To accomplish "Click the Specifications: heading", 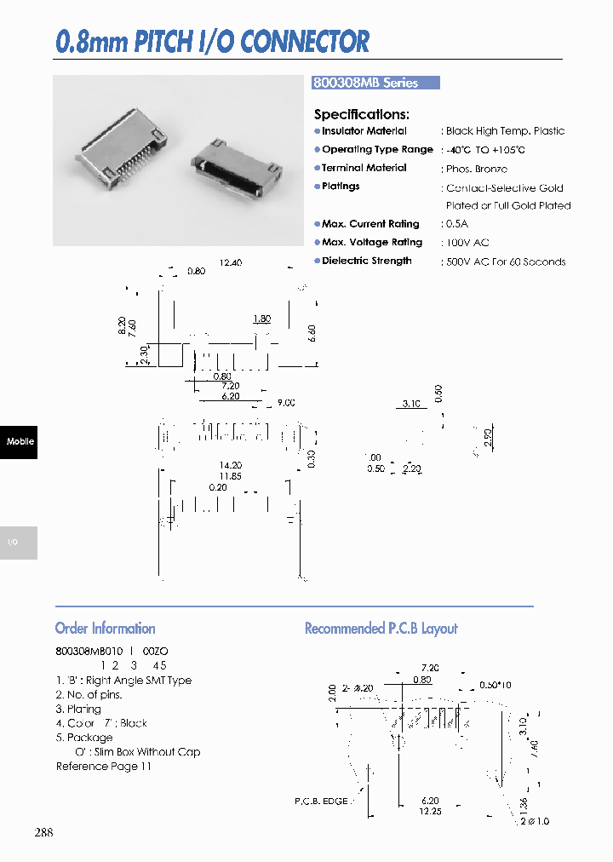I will (362, 114).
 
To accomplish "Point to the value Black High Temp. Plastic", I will (505, 131).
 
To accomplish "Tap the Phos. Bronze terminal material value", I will (476, 170).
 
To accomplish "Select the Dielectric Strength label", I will (366, 261).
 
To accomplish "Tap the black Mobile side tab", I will (19, 441).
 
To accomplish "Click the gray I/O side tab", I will (19, 543).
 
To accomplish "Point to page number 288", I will (43, 831).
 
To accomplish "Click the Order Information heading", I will (105, 629).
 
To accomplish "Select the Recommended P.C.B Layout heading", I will (381, 629).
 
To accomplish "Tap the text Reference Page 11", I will (103, 767).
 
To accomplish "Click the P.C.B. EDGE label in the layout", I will (321, 802).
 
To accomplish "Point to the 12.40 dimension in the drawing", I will (230, 263).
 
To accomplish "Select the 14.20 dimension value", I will (230, 465).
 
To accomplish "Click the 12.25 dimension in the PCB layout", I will (429, 813).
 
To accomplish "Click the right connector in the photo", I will (234, 166).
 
